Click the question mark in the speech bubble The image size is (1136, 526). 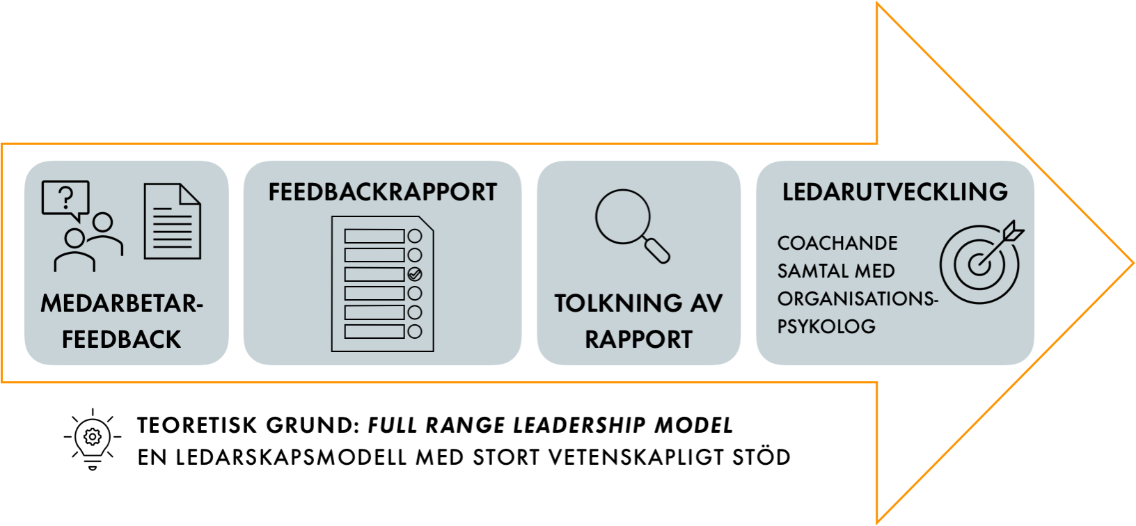tap(66, 198)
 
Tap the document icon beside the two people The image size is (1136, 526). tap(173, 221)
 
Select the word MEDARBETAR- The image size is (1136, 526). tap(122, 303)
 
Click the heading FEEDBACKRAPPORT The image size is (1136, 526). tap(382, 192)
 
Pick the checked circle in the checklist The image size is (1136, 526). tap(415, 274)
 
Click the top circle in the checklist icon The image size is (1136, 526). tap(415, 236)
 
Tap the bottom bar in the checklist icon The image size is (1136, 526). tap(374, 332)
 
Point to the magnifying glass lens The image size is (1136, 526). tap(623, 217)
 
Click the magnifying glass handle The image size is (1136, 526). tap(657, 250)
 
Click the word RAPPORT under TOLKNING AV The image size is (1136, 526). tap(638, 340)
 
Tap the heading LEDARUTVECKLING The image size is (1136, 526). tap(895, 192)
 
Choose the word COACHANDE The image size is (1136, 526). tap(837, 244)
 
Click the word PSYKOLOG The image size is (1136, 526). tap(827, 326)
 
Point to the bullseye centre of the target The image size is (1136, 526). tap(979, 264)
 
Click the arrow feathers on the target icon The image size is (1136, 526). tap(1013, 231)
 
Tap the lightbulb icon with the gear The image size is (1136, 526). tap(93, 439)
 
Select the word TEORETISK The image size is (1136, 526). tap(195, 425)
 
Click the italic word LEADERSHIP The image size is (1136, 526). tap(579, 425)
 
